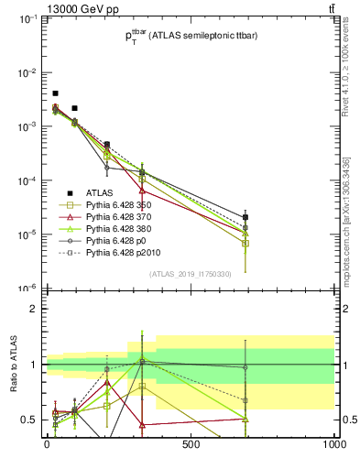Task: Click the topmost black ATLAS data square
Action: coord(55,93)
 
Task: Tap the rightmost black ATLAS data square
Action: coord(245,217)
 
